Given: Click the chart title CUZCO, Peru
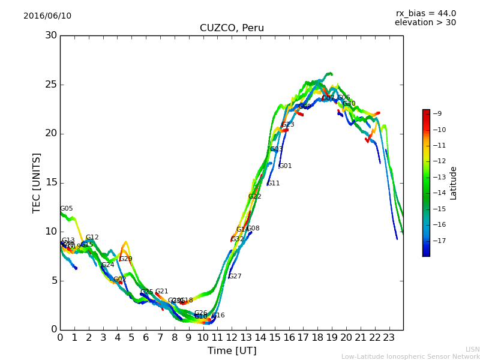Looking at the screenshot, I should click(x=232, y=28).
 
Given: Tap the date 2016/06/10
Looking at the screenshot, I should click(x=47, y=16).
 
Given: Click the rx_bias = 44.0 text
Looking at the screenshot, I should click(x=425, y=14).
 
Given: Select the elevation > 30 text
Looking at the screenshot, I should click(x=425, y=23).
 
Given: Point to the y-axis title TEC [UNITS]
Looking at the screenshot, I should click(x=37, y=182).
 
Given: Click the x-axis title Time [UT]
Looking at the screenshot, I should click(x=232, y=351).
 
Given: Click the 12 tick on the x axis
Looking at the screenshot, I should click(x=232, y=338).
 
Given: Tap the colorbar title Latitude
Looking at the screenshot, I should click(x=454, y=183).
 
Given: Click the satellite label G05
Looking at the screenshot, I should click(x=66, y=209).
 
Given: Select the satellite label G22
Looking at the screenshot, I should click(x=254, y=197).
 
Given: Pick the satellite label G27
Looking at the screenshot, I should click(x=235, y=277).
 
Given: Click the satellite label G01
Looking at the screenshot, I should click(x=285, y=166).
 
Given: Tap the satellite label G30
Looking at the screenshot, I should click(x=349, y=104).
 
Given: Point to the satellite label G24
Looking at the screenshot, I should click(x=107, y=265).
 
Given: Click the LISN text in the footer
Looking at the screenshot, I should click(x=472, y=349).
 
